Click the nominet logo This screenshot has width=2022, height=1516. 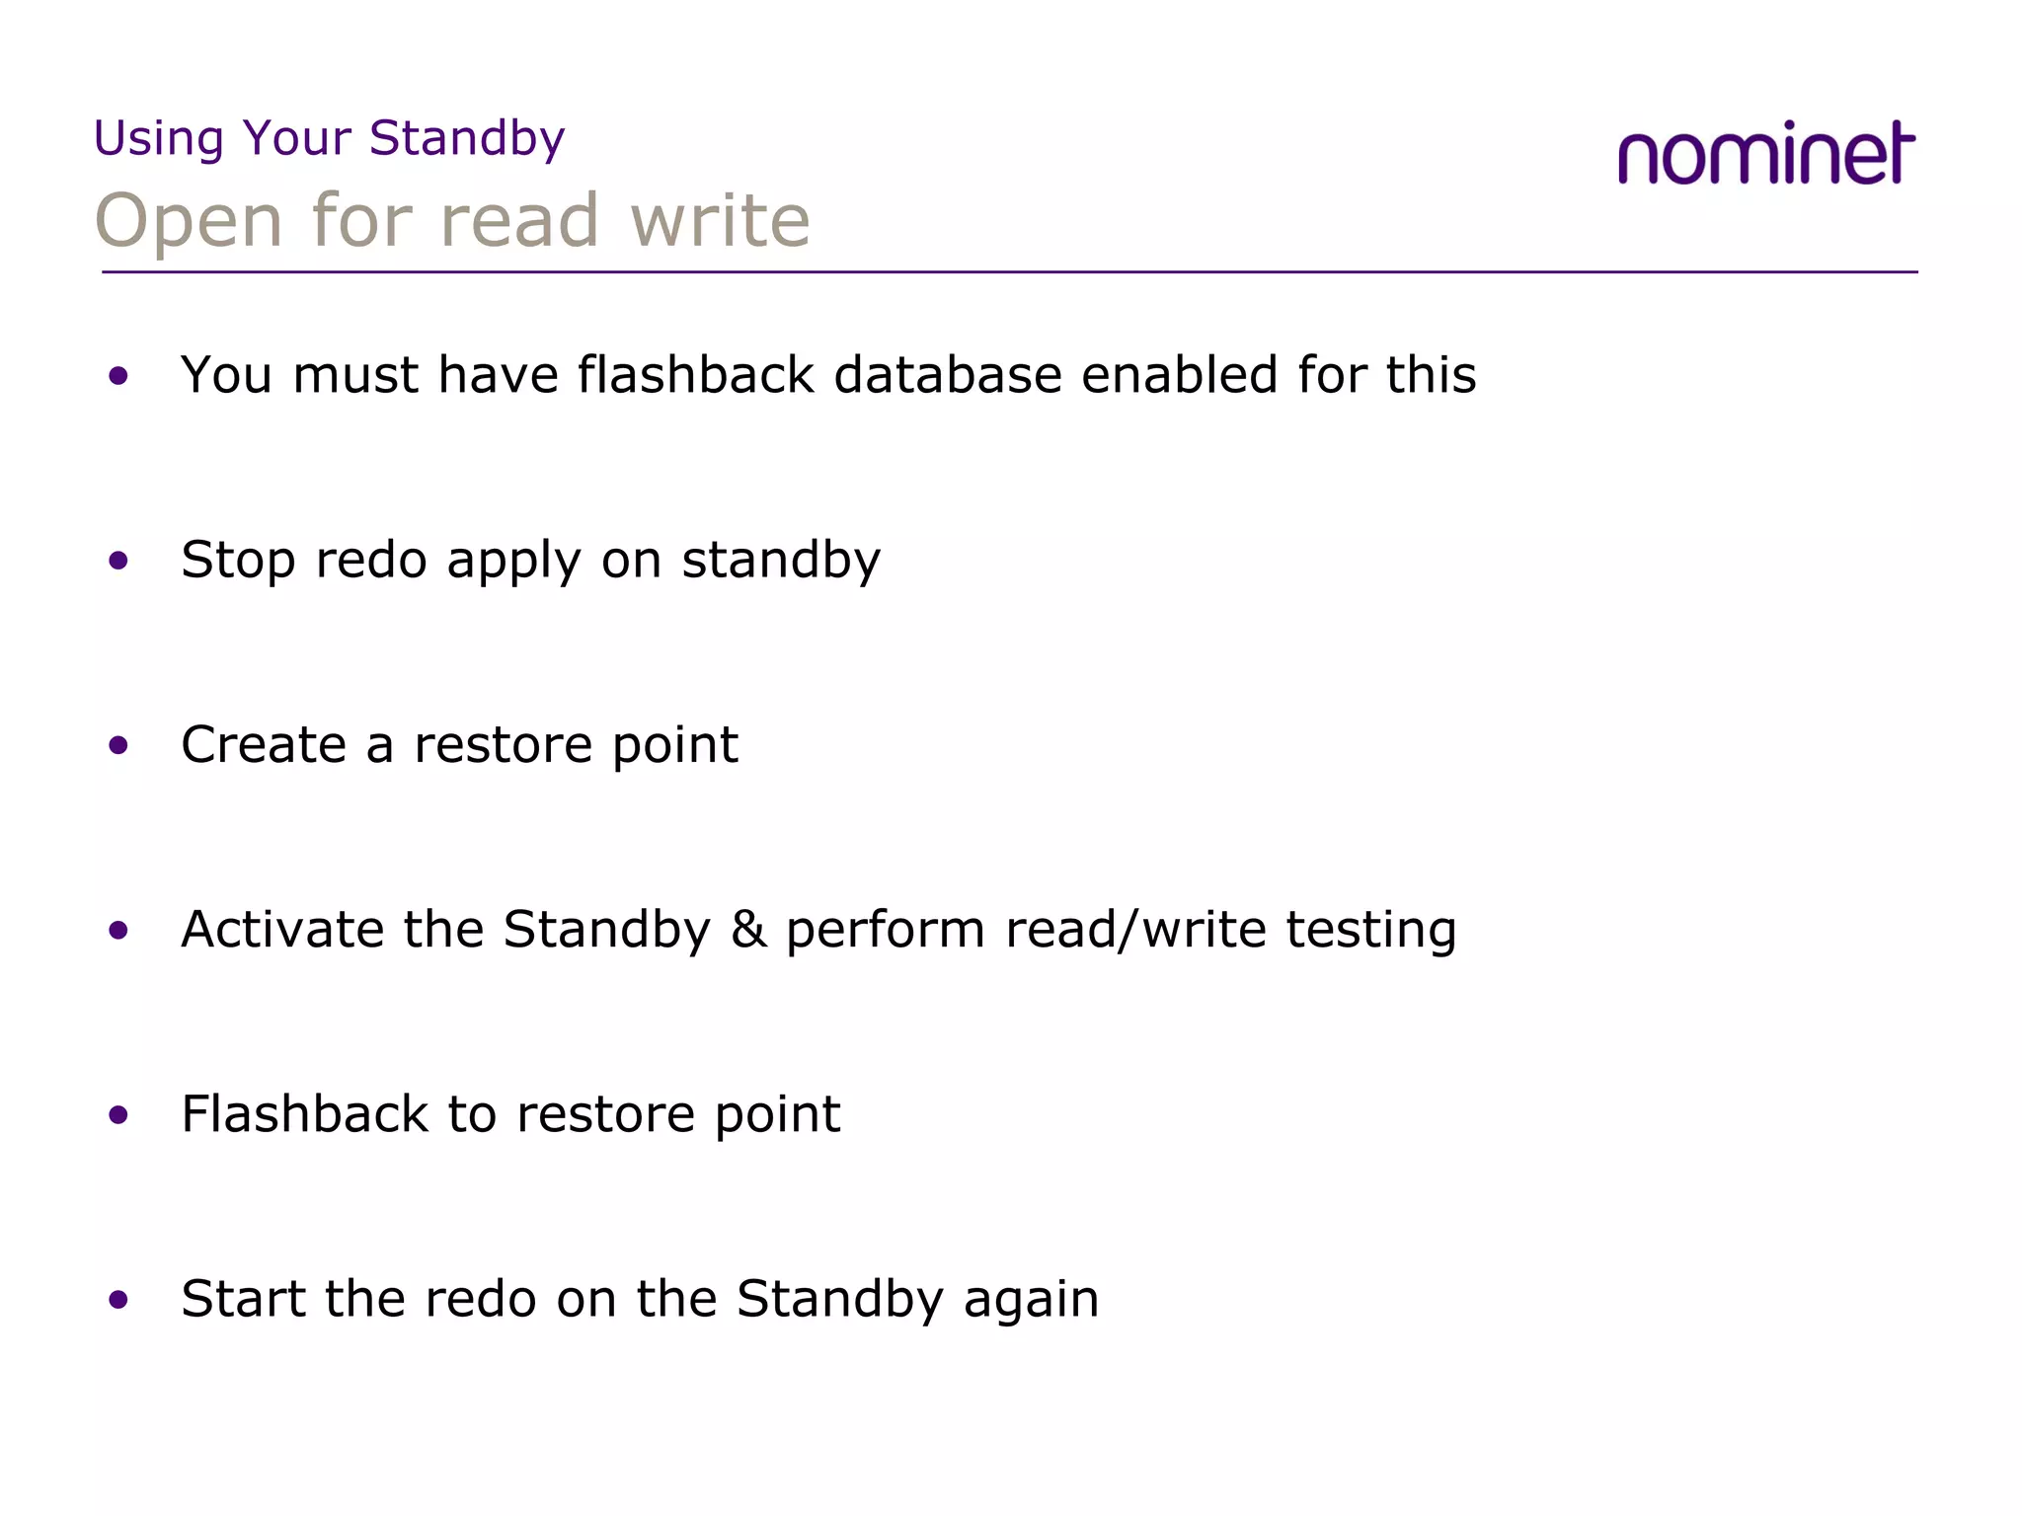point(1765,154)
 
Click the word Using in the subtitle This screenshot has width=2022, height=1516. point(159,139)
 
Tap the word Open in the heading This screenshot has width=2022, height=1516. point(189,221)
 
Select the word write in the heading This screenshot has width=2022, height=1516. point(720,220)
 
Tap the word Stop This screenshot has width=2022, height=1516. point(238,561)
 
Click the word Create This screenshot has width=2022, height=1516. point(264,744)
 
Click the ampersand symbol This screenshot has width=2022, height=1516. point(749,930)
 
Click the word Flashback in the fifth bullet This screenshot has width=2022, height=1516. point(304,1114)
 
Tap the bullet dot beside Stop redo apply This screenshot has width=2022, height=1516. point(118,562)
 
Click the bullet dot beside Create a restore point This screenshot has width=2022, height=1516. point(118,746)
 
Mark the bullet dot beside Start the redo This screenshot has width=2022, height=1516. point(118,1300)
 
